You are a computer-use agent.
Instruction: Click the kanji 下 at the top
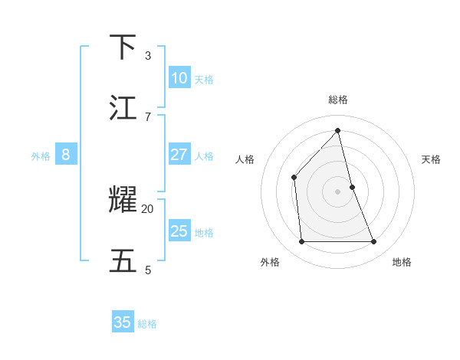[x=124, y=47]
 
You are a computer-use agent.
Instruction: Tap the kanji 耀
[x=124, y=200]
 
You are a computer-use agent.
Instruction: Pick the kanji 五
[x=124, y=261]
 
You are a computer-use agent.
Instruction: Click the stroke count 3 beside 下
[x=148, y=55]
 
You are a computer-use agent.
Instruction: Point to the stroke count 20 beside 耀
[x=148, y=208]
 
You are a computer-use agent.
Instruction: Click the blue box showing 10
[x=179, y=78]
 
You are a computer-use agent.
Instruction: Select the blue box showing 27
[x=179, y=155]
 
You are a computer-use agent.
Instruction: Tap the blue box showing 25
[x=179, y=231]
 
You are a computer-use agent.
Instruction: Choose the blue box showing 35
[x=123, y=322]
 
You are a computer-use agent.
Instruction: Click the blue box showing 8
[x=66, y=155]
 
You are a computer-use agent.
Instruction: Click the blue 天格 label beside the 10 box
[x=204, y=79]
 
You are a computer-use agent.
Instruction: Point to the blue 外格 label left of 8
[x=41, y=156]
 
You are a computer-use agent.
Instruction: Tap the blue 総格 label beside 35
[x=147, y=324]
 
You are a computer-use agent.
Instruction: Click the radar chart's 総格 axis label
[x=337, y=100]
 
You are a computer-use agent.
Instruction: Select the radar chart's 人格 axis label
[x=245, y=159]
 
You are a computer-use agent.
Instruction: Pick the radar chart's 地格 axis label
[x=402, y=262]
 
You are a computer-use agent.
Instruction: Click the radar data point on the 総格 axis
[x=337, y=131]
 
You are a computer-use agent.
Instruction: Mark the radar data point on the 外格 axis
[x=301, y=242]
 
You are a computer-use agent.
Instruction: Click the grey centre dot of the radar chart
[x=337, y=191]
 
